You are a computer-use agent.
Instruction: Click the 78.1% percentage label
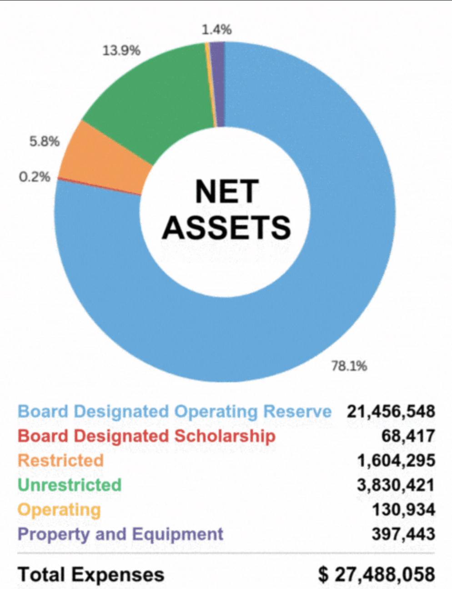pos(349,366)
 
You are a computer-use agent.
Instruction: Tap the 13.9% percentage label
pos(121,50)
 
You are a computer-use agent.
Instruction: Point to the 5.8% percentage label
pos(45,141)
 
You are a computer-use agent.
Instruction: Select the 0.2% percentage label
pos(35,176)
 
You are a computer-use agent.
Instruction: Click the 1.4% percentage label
pos(216,30)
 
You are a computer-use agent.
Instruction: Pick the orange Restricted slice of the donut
pos(105,159)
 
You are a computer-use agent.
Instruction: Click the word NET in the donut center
pos(227,192)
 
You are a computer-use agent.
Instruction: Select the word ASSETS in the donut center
pos(226,227)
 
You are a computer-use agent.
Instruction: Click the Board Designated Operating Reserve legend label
pos(175,411)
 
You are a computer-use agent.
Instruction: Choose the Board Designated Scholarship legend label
pos(146,436)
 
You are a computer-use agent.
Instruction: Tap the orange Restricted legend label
pos(60,460)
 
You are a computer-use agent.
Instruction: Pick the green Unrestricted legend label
pos(70,485)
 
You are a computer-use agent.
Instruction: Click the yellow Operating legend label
pos(59,509)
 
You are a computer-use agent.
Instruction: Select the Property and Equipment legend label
pos(121,534)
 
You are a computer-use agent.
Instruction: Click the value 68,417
pos(408,436)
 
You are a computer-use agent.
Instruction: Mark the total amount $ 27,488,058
pos(377,574)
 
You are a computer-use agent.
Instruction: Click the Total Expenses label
pos(91,574)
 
